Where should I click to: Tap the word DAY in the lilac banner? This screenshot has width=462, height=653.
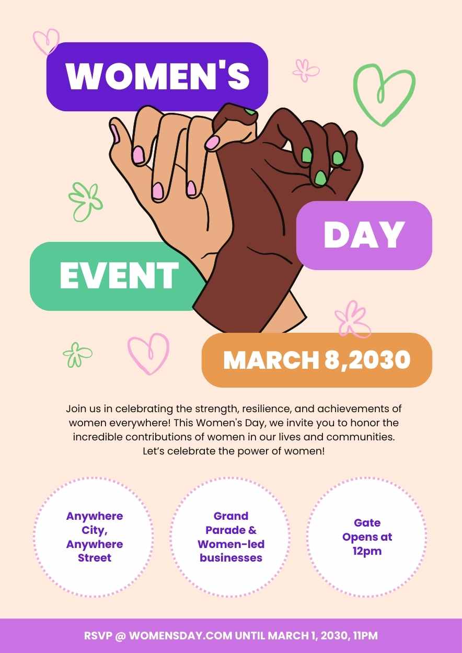point(364,235)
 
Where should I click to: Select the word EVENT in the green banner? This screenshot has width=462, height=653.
point(119,275)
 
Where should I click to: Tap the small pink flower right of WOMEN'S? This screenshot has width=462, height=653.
point(305,71)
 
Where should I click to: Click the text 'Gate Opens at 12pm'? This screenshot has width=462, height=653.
point(367,537)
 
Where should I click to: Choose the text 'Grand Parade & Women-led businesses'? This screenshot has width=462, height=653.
point(231,537)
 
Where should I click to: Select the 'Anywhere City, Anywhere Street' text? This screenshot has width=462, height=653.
point(95,537)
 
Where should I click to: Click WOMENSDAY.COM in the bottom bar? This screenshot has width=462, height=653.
point(181,636)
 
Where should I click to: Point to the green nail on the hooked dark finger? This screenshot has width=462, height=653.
point(250,111)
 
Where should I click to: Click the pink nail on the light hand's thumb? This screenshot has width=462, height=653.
point(115,134)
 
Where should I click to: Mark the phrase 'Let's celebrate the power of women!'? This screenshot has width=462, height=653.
point(234,451)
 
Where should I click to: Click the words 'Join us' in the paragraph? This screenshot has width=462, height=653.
point(84,409)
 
